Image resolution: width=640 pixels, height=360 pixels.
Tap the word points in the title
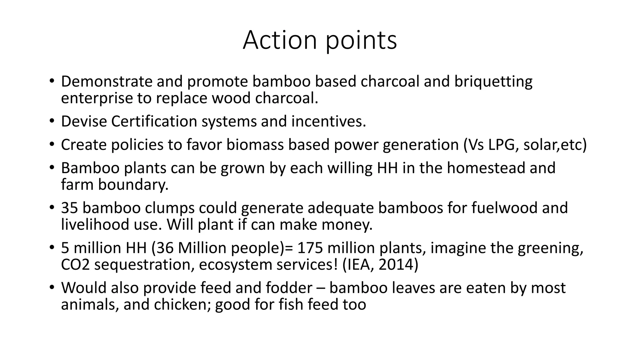361,41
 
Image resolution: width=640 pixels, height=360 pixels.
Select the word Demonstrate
107,82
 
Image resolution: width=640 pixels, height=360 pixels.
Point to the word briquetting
493,82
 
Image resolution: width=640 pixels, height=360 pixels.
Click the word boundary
133,185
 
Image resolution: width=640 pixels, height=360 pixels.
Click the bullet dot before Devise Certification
52,121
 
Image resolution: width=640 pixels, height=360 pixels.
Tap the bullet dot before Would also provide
52,288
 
